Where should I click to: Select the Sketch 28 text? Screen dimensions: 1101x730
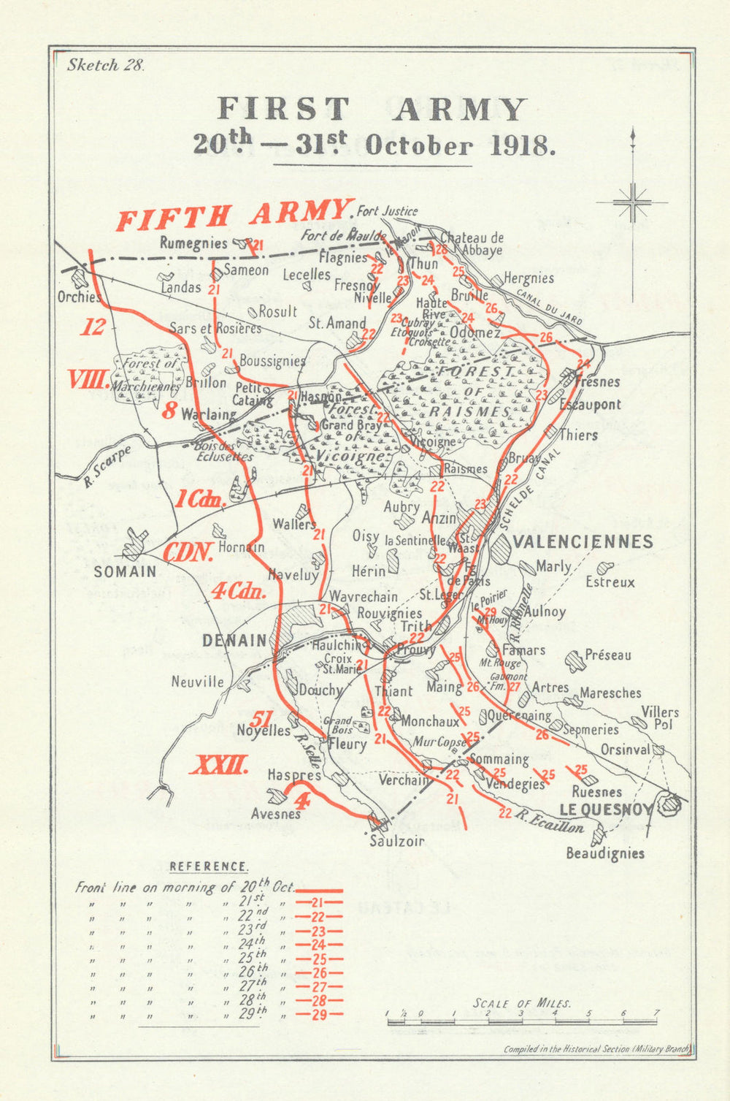coord(106,65)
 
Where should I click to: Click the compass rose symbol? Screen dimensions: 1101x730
coord(632,202)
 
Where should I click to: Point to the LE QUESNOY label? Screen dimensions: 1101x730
coord(605,809)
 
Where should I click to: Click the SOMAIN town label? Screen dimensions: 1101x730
coord(125,572)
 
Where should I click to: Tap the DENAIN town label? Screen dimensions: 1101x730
coord(234,641)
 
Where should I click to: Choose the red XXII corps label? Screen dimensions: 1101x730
coord(220,766)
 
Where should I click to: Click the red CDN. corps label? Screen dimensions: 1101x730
coord(188,552)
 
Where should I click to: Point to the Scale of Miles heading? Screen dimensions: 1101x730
coord(522,1003)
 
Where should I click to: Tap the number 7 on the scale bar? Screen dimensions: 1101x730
coord(656,1013)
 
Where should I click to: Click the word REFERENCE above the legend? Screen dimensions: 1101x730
coord(209,867)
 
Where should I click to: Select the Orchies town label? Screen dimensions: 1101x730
coord(79,297)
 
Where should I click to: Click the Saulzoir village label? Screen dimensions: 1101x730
coord(396,841)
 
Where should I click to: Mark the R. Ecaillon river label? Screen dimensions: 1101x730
coord(549,823)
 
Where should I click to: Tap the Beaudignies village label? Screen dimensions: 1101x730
coord(605,853)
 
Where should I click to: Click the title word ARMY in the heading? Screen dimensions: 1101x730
coord(461,110)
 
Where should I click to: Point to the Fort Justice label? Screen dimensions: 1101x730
coord(387,212)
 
